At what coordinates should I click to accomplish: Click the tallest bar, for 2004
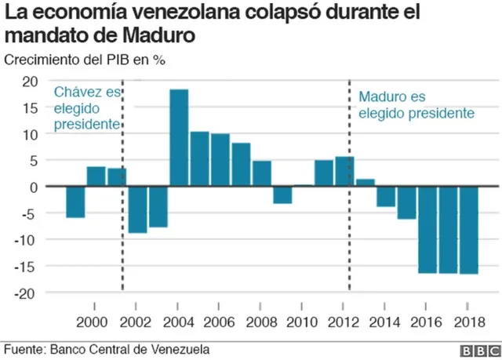pyautogui.click(x=179, y=138)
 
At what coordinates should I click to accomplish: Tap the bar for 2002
pyautogui.click(x=138, y=210)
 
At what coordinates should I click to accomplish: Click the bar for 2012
pyautogui.click(x=344, y=172)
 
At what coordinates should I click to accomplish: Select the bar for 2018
pyautogui.click(x=469, y=231)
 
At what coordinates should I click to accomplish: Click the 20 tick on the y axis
pyautogui.click(x=30, y=82)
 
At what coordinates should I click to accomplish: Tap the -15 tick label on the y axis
pyautogui.click(x=27, y=266)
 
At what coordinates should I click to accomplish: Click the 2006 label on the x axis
pyautogui.click(x=220, y=322)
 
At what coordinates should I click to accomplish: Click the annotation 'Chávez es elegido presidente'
pyautogui.click(x=87, y=108)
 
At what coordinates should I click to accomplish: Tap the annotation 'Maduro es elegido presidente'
pyautogui.click(x=416, y=105)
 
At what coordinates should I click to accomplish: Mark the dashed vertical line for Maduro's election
pyautogui.click(x=349, y=235)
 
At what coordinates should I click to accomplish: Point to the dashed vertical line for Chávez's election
pyautogui.click(x=122, y=235)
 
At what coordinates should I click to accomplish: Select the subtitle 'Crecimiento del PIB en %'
pyautogui.click(x=85, y=60)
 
